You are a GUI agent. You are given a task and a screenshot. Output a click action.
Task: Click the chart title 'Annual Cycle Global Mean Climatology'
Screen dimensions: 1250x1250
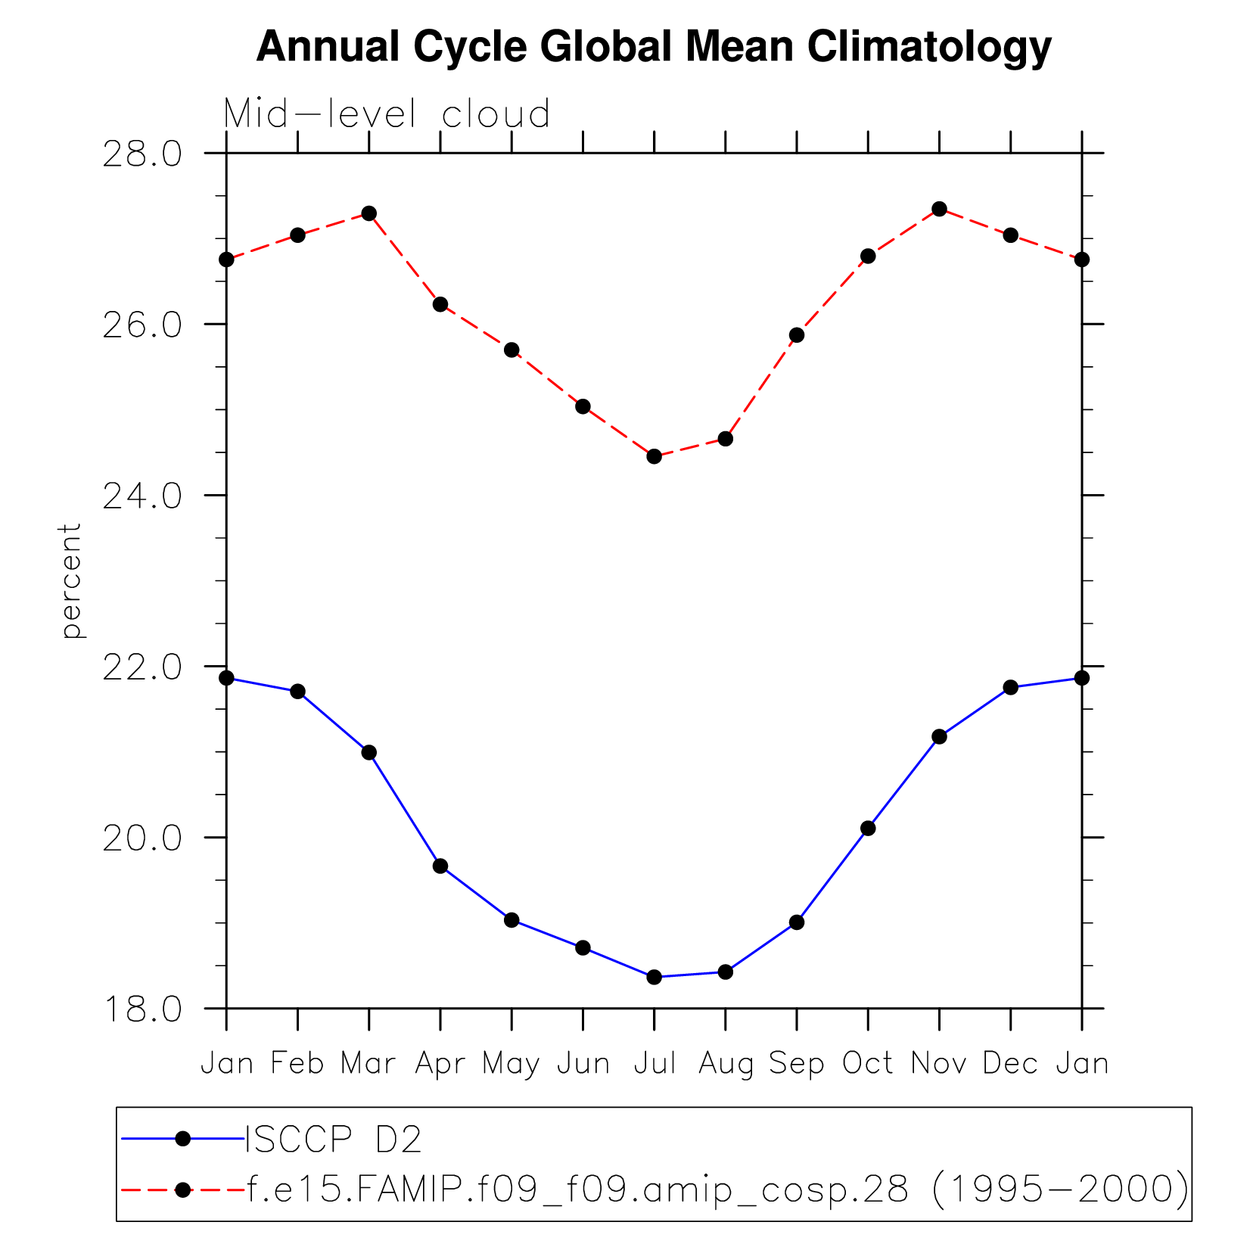click(x=654, y=47)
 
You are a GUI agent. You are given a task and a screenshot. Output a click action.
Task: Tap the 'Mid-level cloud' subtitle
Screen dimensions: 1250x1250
click(x=387, y=114)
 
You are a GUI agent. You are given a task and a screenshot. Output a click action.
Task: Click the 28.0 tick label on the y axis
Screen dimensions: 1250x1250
click(x=142, y=154)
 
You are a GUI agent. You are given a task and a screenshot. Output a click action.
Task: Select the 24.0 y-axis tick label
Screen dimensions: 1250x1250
click(x=142, y=496)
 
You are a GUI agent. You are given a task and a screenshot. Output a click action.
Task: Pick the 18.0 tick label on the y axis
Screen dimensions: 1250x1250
click(x=142, y=1009)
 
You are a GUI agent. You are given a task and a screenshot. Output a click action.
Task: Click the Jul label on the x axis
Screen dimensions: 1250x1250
click(x=655, y=1063)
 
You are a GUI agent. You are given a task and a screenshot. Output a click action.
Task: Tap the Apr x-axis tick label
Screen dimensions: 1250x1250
click(x=440, y=1065)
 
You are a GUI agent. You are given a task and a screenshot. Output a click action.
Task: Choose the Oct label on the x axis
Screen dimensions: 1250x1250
click(x=868, y=1063)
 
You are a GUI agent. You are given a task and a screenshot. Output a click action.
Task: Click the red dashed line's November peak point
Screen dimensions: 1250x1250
click(x=939, y=209)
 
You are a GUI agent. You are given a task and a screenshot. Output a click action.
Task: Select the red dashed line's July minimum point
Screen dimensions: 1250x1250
click(x=655, y=456)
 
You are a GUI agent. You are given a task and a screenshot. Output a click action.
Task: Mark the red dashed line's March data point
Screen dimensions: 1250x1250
click(x=369, y=213)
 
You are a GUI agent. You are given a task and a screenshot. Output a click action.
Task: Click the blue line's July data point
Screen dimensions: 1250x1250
click(x=655, y=977)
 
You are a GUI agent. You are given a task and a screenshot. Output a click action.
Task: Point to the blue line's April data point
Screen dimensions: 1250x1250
click(x=440, y=866)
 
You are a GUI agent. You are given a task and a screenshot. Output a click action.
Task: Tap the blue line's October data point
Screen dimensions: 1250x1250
click(x=868, y=829)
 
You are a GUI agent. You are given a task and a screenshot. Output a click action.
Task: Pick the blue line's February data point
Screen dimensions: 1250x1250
click(x=297, y=691)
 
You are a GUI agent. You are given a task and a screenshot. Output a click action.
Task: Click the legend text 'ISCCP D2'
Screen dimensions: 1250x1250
click(x=333, y=1139)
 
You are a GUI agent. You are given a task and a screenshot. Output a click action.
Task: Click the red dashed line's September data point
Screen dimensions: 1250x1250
click(x=797, y=335)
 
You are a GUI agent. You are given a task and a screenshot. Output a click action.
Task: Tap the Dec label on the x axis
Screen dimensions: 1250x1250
click(x=1010, y=1063)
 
